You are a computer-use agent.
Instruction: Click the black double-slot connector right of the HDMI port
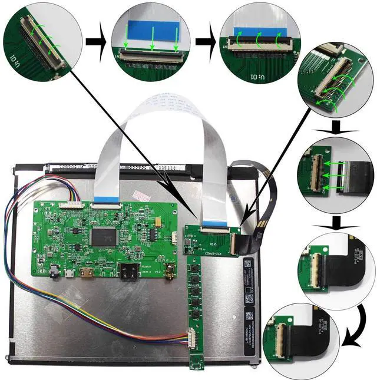[129, 273]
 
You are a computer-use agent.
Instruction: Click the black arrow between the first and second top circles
[94, 42]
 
